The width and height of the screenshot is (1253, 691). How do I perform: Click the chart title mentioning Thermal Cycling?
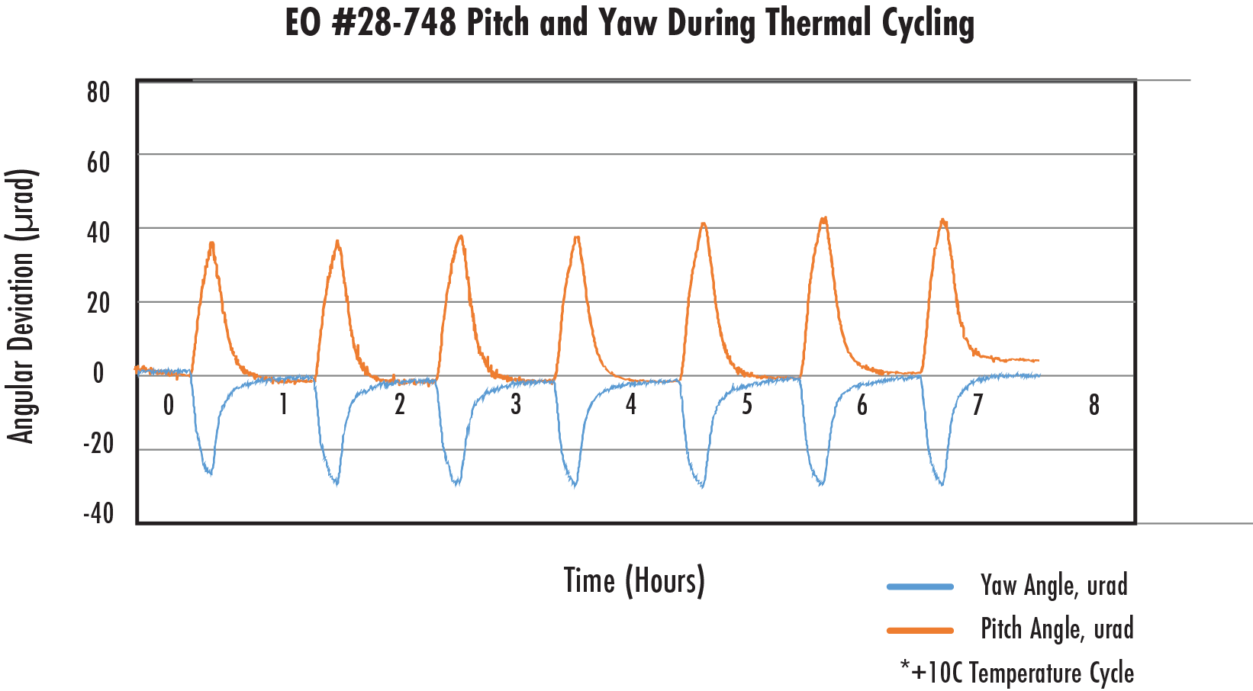[630, 23]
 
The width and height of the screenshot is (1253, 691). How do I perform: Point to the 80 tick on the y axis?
[98, 92]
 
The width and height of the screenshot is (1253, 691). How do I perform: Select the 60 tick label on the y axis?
[98, 162]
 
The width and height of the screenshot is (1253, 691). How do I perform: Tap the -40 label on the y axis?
[98, 513]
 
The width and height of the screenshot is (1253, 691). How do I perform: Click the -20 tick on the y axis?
[98, 443]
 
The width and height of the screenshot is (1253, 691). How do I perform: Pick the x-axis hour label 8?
[1094, 405]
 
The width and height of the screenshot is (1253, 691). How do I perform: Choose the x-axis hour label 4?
[631, 405]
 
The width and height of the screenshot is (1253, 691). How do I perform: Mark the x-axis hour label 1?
[284, 405]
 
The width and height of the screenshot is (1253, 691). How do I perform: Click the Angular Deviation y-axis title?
[21, 306]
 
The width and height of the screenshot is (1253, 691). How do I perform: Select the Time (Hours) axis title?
[634, 581]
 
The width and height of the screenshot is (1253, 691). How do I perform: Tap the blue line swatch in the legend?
[920, 587]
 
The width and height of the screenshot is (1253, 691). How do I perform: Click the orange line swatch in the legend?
[920, 631]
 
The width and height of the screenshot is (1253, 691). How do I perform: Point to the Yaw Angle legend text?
[1054, 586]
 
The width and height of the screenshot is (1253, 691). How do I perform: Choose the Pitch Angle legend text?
[1057, 629]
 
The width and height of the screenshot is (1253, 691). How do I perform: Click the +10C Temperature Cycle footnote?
[1017, 673]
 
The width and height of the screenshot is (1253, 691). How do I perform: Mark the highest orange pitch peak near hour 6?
[823, 219]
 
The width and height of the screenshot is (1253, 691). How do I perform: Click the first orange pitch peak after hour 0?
[211, 243]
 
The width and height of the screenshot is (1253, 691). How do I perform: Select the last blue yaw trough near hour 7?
[942, 484]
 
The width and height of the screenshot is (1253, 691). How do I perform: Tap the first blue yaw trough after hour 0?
[209, 474]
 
